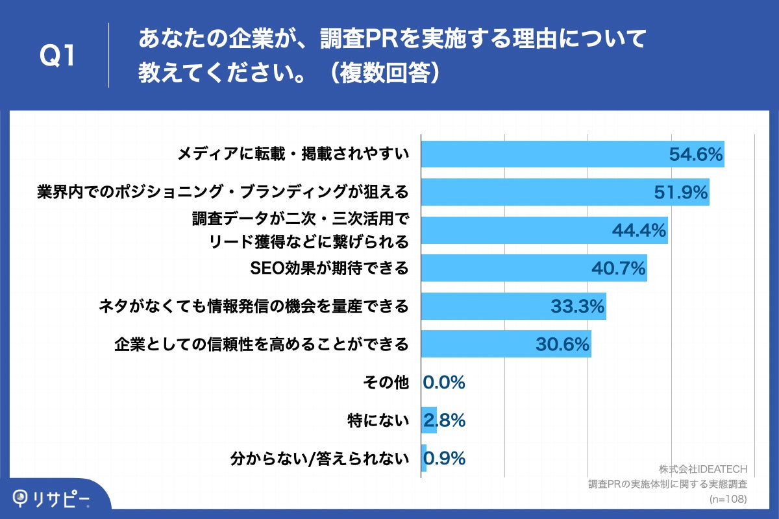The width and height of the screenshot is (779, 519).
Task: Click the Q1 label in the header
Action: click(x=58, y=56)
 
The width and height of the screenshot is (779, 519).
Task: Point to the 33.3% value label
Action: click(x=577, y=306)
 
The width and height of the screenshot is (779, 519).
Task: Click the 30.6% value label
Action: click(x=562, y=344)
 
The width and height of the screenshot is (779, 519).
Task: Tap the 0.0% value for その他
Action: click(x=445, y=382)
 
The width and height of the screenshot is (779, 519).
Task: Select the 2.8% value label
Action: click(x=445, y=420)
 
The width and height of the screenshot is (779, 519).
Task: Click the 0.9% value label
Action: click(x=445, y=459)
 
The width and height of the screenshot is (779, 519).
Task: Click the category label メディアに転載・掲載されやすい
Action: click(x=293, y=154)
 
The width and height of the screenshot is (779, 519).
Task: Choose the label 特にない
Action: click(x=378, y=420)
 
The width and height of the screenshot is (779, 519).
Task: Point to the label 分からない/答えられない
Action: click(x=319, y=459)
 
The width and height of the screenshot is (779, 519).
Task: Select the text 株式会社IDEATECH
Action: click(x=703, y=469)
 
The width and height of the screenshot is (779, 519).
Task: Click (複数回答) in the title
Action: click(x=384, y=73)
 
